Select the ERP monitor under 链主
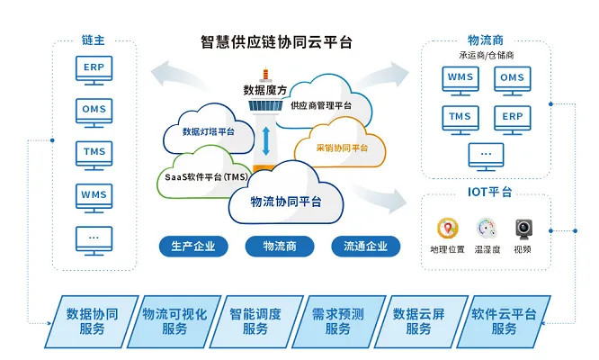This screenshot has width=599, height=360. click(x=93, y=68)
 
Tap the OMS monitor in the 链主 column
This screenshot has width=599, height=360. click(x=93, y=111)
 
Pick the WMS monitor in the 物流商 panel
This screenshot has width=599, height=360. click(x=460, y=78)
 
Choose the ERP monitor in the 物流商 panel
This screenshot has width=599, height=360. click(x=512, y=117)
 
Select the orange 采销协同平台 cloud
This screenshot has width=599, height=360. click(x=342, y=147)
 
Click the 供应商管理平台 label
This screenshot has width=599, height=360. click(x=321, y=105)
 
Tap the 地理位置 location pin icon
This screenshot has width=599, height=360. click(x=446, y=229)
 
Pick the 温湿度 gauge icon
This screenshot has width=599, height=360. click(x=487, y=228)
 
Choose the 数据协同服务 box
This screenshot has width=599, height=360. click(x=92, y=321)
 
